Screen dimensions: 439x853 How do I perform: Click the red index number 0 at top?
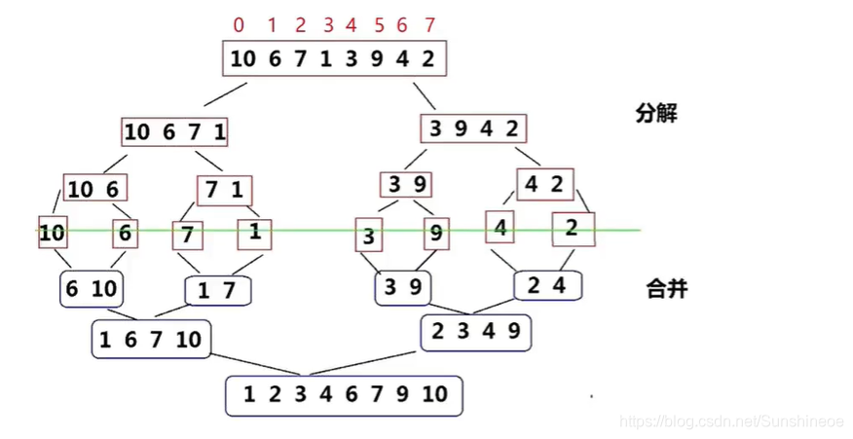point(239,24)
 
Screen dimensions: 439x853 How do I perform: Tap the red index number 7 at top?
point(430,24)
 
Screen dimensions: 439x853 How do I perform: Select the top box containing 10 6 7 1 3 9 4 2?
point(333,58)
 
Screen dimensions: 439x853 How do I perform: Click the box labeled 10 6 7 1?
point(174,131)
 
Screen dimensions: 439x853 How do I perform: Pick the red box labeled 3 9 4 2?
point(473,128)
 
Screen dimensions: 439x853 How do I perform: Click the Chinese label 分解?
point(655,113)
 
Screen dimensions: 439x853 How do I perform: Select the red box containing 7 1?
point(223,190)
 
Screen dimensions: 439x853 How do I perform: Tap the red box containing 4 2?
point(544,184)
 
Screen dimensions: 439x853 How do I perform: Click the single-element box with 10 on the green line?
point(52,233)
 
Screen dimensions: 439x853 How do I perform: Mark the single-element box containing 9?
point(435,234)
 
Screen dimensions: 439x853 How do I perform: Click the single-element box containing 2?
point(572,229)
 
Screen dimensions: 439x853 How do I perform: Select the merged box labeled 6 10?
point(90,289)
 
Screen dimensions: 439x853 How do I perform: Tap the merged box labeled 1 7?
point(217,291)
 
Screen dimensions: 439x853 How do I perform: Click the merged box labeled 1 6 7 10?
point(150,340)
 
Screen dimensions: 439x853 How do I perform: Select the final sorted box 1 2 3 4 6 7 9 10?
point(344,395)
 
